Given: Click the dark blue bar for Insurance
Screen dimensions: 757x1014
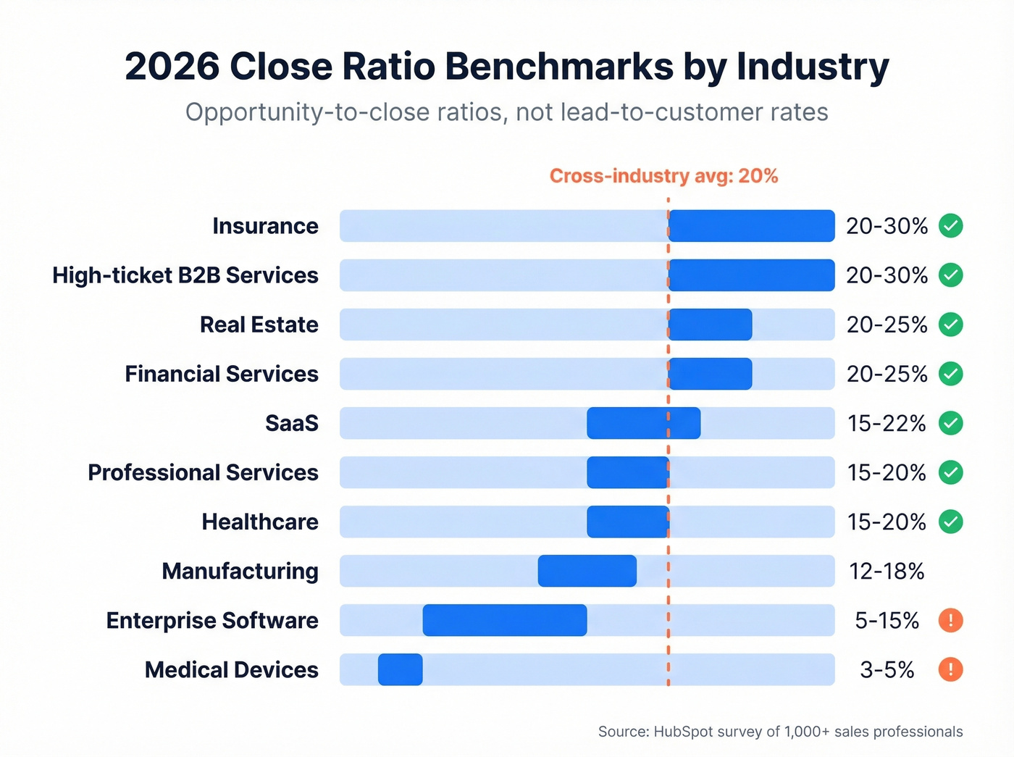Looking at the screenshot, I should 751,226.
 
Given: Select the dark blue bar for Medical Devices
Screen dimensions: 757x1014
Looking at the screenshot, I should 401,669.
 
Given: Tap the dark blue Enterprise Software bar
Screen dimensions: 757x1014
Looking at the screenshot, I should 505,620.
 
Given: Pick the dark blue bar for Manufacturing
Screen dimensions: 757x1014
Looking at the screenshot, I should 587,571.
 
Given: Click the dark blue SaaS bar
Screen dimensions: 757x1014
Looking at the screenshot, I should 643,423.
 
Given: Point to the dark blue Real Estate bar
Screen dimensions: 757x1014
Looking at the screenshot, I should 710,325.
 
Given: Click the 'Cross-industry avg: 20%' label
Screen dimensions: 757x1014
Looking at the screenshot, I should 663,176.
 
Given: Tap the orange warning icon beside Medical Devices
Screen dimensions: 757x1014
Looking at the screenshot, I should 950,669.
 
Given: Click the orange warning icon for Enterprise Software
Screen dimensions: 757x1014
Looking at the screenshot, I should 950,620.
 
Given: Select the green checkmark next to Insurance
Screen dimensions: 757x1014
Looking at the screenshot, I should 950,226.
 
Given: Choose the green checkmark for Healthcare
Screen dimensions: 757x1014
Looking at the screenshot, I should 950,522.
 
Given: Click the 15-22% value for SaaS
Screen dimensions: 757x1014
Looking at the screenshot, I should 887,423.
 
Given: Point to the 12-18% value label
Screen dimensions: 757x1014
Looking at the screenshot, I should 887,572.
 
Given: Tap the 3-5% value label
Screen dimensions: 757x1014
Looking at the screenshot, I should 887,670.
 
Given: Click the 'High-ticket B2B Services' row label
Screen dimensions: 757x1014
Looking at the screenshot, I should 185,275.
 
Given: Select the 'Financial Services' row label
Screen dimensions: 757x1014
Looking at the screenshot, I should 222,374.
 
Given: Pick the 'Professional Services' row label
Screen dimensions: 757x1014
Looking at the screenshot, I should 203,472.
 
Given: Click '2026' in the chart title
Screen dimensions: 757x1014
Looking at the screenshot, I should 172,67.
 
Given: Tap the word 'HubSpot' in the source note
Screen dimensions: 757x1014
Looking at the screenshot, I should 683,732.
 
